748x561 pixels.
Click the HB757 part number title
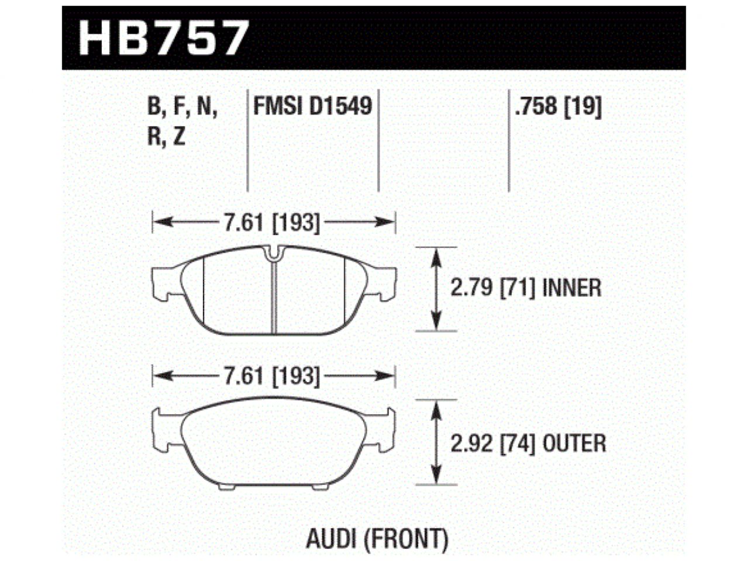coord(164,38)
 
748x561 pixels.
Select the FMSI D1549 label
coord(313,107)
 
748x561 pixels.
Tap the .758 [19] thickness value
coord(557,107)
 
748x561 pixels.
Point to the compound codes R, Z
coord(167,137)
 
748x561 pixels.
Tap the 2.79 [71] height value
coord(492,288)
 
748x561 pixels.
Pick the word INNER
coord(572,288)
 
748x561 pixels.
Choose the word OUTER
coord(575,444)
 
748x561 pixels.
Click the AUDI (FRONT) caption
coord(377,539)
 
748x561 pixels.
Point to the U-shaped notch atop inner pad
coord(273,252)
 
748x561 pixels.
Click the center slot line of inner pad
coord(274,298)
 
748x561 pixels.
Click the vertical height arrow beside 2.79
coord(435,289)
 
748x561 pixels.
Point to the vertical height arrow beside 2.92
coord(435,442)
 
